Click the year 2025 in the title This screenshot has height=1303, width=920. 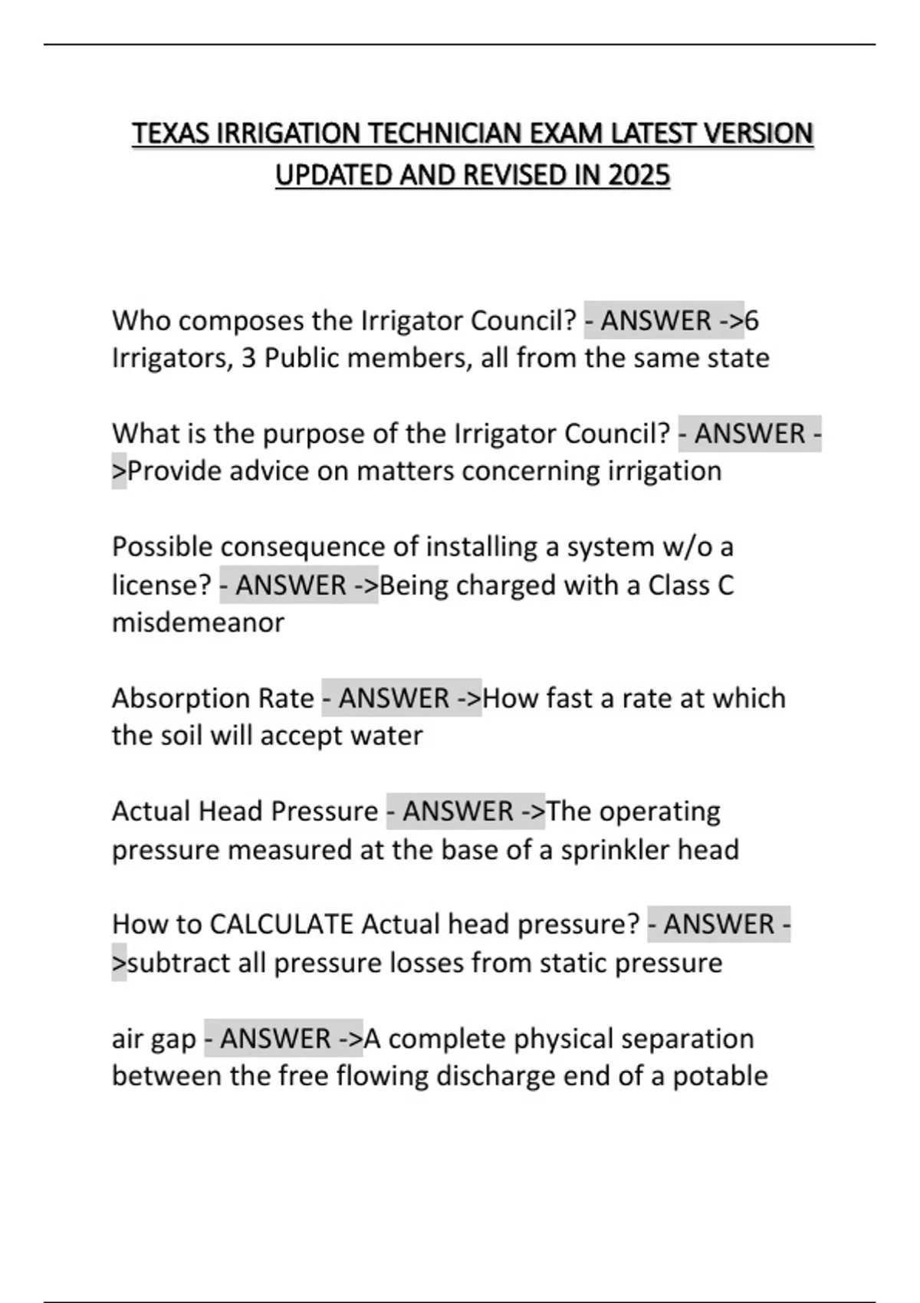pyautogui.click(x=639, y=176)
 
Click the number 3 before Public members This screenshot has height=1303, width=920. pyautogui.click(x=248, y=358)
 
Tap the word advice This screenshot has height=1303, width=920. pyautogui.click(x=269, y=471)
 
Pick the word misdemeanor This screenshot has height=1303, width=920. pyautogui.click(x=198, y=622)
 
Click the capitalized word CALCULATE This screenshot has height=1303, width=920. pyautogui.click(x=281, y=924)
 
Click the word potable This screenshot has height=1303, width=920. pyautogui.click(x=720, y=1076)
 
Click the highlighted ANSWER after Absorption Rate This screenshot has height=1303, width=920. pyautogui.click(x=393, y=698)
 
